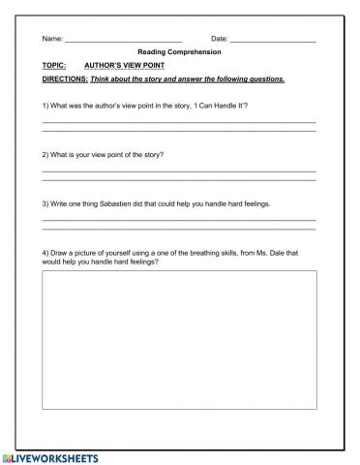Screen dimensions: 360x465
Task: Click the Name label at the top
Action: point(51,39)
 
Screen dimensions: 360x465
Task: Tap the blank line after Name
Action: point(123,41)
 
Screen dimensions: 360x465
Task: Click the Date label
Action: point(219,39)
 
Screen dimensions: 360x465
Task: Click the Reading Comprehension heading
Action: point(180,52)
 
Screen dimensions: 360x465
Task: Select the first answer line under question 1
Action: point(180,121)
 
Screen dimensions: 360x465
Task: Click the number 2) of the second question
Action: point(46,154)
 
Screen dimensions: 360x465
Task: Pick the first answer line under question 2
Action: point(180,171)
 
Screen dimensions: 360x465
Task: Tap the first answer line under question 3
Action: point(180,221)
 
